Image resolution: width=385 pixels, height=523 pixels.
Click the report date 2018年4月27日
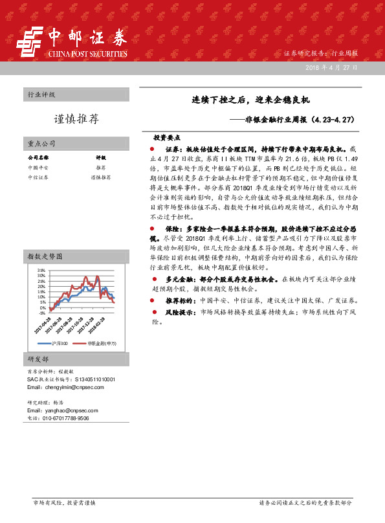pos(340,67)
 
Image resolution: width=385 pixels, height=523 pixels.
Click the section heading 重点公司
pos(41,143)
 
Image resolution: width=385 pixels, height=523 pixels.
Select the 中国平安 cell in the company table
pos(38,167)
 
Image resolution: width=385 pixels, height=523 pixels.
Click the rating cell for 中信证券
pos(100,176)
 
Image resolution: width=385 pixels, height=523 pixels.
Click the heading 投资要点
pos(166,138)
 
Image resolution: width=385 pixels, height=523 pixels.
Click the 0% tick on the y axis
pos(43,307)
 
